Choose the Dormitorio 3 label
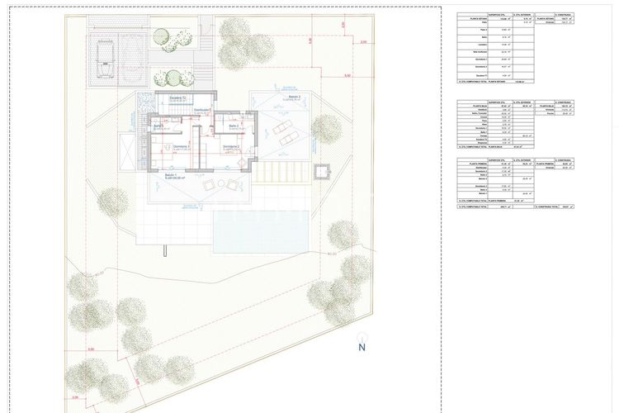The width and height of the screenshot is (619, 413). click(182, 145)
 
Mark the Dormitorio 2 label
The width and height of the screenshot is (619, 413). click(231, 145)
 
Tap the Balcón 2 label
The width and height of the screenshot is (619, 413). click(294, 97)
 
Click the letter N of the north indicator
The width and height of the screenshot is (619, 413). click(361, 347)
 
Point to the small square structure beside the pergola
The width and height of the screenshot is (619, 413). click(321, 173)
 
